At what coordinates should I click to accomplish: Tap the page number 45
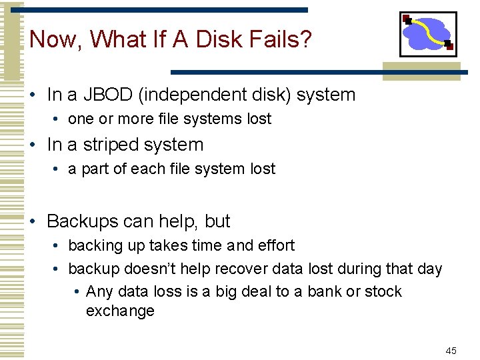(x=451, y=351)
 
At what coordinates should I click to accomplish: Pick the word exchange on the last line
(x=120, y=311)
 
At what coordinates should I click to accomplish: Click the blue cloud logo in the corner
(x=427, y=34)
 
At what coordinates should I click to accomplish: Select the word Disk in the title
(x=211, y=39)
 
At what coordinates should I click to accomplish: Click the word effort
(x=274, y=245)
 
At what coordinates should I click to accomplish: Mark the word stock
(x=385, y=291)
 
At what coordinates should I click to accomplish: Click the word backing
(x=92, y=245)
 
